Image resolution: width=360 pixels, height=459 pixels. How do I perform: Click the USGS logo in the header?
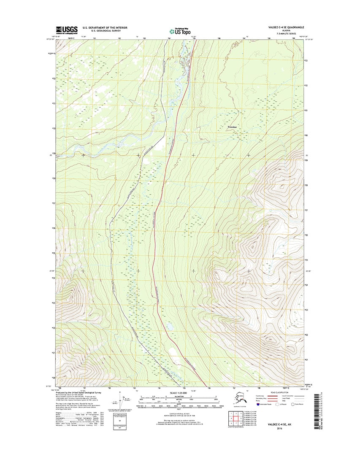67,30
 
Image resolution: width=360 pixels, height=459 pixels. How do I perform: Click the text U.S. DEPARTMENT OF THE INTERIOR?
105,27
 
